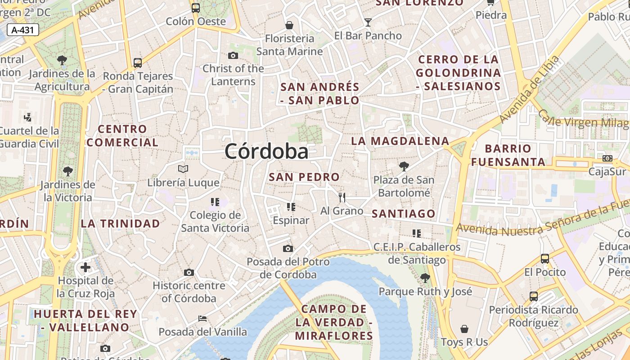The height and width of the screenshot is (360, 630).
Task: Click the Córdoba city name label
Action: point(266,151)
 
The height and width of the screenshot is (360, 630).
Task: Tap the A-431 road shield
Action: point(23,30)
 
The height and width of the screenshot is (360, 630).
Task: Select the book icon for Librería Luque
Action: point(183,169)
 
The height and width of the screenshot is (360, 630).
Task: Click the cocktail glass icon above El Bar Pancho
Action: point(368,22)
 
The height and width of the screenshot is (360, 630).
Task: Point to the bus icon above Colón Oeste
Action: point(195,8)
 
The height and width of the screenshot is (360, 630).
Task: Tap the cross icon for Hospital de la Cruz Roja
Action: point(85,267)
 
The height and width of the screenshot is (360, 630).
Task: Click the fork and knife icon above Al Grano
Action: point(342,197)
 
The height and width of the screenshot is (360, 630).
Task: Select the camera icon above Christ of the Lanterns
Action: point(233,55)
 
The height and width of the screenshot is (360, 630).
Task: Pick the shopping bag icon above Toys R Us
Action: point(464,329)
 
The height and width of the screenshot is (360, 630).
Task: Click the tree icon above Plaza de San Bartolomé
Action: point(404,166)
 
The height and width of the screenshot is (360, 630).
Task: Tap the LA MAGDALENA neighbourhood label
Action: point(400,141)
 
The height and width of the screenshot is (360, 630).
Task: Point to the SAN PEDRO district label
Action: point(304,177)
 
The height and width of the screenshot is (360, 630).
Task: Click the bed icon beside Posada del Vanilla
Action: point(203,319)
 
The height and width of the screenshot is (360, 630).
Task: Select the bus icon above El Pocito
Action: point(544,259)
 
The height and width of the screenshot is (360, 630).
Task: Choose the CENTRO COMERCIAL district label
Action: point(122,136)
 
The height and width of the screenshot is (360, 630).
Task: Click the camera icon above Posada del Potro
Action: point(288,248)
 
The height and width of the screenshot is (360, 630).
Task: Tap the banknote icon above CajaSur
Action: point(607,158)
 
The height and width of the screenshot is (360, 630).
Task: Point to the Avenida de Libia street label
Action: point(530,90)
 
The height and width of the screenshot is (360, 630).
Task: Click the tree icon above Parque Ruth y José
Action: point(425,278)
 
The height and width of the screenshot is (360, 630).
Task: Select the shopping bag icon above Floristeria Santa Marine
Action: point(289,25)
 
